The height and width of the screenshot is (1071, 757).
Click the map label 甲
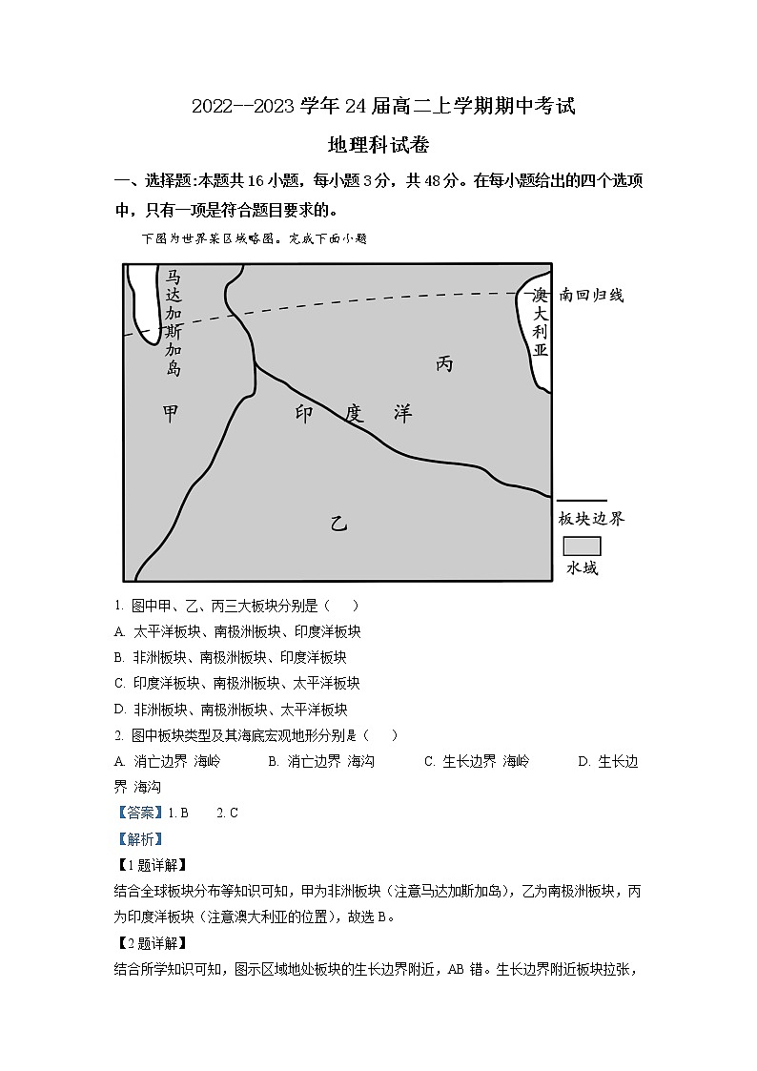[x=172, y=414]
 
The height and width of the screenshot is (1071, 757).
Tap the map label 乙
[x=338, y=522]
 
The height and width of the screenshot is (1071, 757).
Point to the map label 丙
[x=444, y=363]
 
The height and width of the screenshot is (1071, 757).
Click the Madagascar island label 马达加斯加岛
[x=173, y=322]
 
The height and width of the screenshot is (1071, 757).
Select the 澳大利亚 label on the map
[x=541, y=322]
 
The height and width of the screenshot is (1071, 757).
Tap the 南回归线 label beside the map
[x=591, y=296]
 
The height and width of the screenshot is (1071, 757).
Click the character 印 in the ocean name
[x=304, y=414]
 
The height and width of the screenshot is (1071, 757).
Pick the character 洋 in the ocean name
[x=403, y=414]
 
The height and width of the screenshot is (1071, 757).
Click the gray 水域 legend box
[x=582, y=546]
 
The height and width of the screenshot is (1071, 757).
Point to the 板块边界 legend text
[x=591, y=519]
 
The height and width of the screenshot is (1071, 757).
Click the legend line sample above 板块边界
[x=582, y=500]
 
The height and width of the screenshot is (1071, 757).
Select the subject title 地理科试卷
[x=378, y=146]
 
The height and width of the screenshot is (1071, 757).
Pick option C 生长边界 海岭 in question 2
[x=477, y=761]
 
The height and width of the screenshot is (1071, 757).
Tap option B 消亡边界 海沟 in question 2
[x=321, y=761]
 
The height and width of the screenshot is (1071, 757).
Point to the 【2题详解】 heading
[x=150, y=944]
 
